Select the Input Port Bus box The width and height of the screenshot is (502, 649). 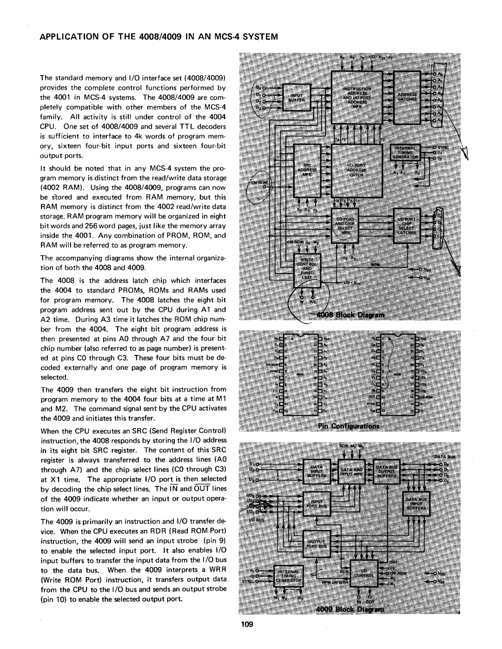[316, 505]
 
